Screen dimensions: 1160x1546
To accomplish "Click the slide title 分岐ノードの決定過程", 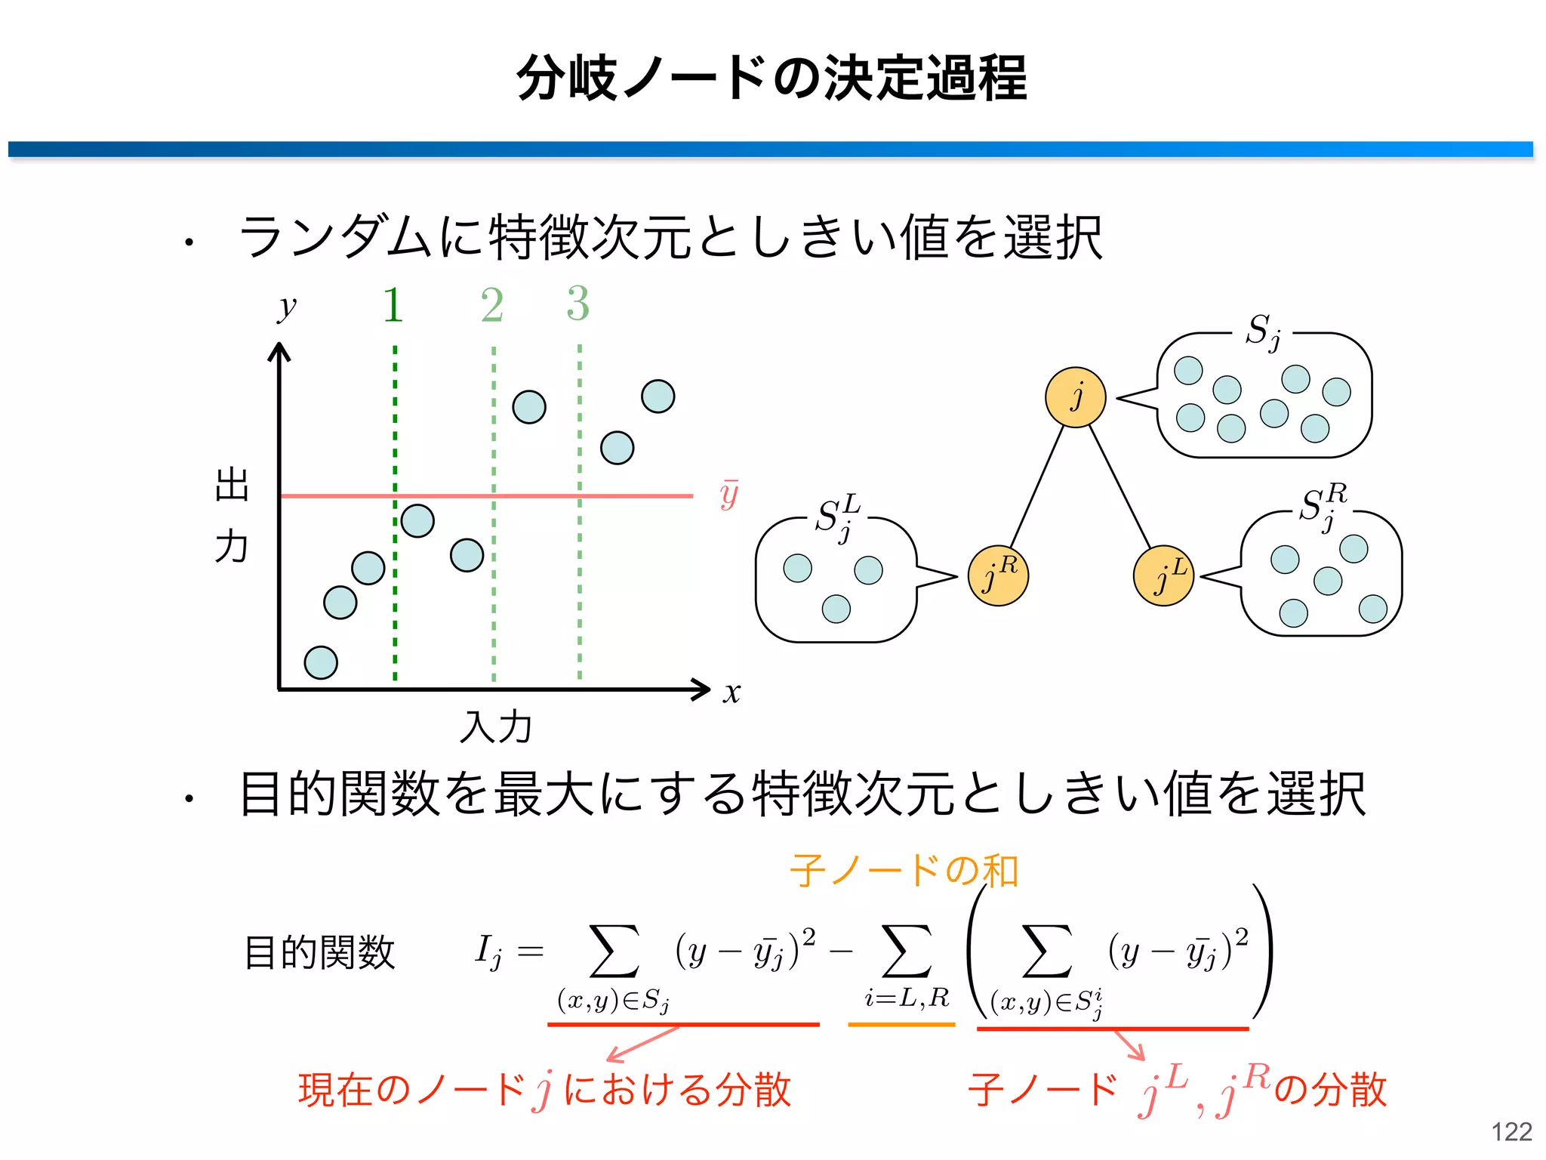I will pos(771,78).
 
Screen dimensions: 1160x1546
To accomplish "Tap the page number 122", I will pos(1511,1131).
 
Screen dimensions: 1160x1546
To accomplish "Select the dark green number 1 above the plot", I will pos(393,305).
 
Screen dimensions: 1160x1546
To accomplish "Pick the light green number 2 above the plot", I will pos(492,305).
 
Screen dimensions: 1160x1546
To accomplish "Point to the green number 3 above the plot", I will pos(578,304).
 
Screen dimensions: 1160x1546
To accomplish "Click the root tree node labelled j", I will pos(1075,397).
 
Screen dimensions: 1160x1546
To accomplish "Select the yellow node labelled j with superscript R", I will pos(998,575).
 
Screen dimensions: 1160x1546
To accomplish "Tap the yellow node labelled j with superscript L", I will pos(1163,575).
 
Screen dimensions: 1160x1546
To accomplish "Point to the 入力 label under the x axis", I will pos(496,727).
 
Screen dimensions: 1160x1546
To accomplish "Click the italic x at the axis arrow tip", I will pos(731,692).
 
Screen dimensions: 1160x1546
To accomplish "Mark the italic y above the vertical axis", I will pos(287,307).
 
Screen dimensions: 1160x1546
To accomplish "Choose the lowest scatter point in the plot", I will pos(321,662).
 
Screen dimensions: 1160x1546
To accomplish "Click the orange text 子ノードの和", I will pos(904,870).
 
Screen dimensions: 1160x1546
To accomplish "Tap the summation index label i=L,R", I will pos(907,998).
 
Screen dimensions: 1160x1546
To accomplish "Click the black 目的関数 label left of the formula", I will pos(320,952).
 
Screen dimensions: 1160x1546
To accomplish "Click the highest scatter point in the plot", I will pos(658,396).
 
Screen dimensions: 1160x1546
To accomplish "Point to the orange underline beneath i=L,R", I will pos(901,1025).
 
